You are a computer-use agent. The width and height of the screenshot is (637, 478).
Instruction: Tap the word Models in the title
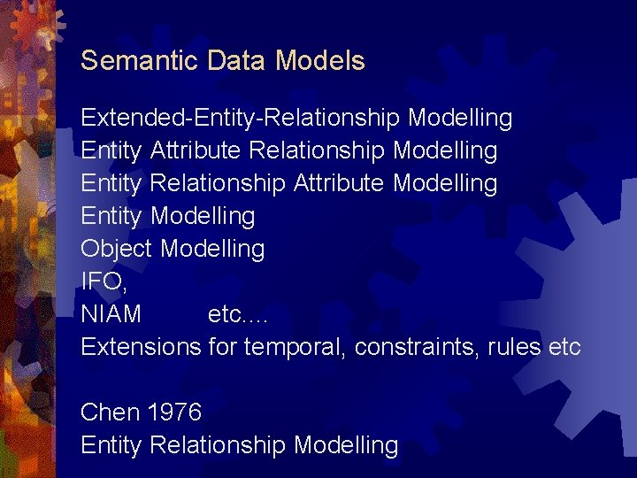pyautogui.click(x=320, y=61)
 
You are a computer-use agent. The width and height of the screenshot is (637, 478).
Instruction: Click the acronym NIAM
pyautogui.click(x=111, y=314)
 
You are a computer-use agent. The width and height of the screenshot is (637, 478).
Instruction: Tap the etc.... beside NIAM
pyautogui.click(x=236, y=314)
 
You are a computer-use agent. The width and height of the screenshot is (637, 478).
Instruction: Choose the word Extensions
pyautogui.click(x=141, y=347)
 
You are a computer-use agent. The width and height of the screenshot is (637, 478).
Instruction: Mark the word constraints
pyautogui.click(x=417, y=347)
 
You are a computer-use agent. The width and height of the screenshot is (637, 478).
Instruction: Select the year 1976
pyautogui.click(x=174, y=412)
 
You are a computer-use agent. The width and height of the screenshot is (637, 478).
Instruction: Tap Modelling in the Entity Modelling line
pyautogui.click(x=203, y=216)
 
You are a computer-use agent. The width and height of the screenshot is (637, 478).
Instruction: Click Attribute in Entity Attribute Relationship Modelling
pyautogui.click(x=196, y=150)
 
